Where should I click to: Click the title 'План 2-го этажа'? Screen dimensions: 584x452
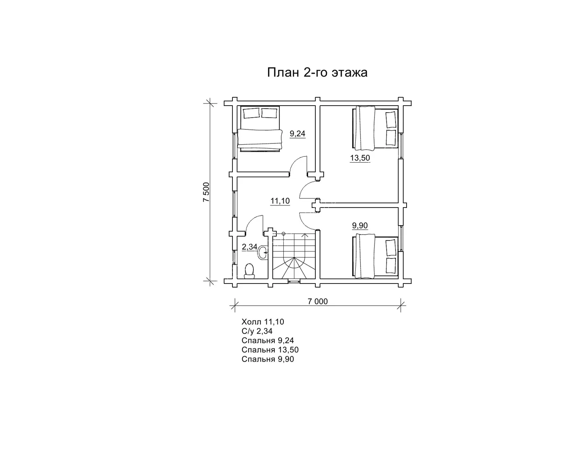point(317,73)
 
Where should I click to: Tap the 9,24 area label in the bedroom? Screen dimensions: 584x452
point(297,134)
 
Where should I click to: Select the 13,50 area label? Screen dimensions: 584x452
point(360,158)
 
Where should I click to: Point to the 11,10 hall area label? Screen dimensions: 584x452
point(280,201)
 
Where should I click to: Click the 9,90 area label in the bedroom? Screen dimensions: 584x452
point(360,225)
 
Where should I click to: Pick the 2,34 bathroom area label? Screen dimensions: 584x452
point(250,247)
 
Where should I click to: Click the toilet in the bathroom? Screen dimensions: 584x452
point(249,271)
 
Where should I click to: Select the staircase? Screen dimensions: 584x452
point(294,256)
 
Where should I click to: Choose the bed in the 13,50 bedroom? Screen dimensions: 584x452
point(375,128)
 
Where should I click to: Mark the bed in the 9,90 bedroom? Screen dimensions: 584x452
point(375,256)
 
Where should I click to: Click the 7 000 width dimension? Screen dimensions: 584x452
point(317,302)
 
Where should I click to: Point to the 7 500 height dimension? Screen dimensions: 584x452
point(207,192)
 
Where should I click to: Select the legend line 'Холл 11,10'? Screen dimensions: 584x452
point(262,322)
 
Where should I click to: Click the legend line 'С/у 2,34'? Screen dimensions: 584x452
point(257,331)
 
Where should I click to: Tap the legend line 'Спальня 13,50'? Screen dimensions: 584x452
point(270,350)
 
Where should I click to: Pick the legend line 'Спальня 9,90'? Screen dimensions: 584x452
point(268,359)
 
